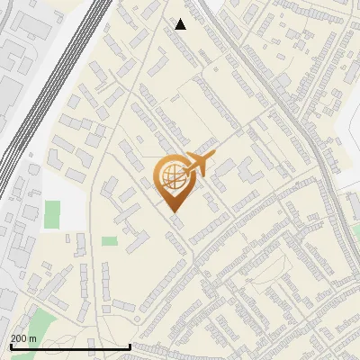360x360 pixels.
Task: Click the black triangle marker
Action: [x=181, y=24]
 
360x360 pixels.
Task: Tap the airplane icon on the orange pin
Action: [x=194, y=166]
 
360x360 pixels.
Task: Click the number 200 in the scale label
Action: [x=20, y=338]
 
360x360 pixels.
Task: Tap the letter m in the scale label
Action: [x=34, y=338]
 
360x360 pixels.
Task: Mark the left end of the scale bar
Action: [x=10, y=346]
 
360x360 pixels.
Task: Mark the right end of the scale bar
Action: [x=131, y=346]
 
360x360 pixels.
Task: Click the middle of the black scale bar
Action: [x=70, y=346]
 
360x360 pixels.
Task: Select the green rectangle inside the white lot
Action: [x=52, y=214]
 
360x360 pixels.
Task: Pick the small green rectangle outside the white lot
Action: [x=109, y=240]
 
